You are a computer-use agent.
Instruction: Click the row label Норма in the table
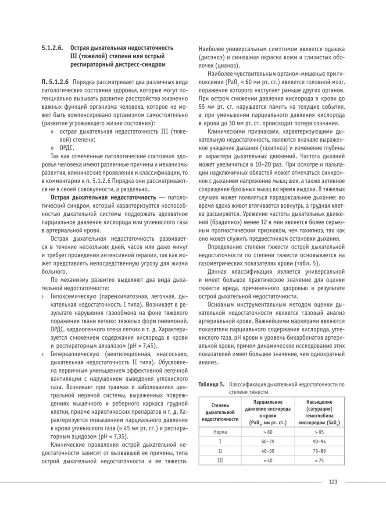(220, 432)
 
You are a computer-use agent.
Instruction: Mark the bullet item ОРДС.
(66, 148)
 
